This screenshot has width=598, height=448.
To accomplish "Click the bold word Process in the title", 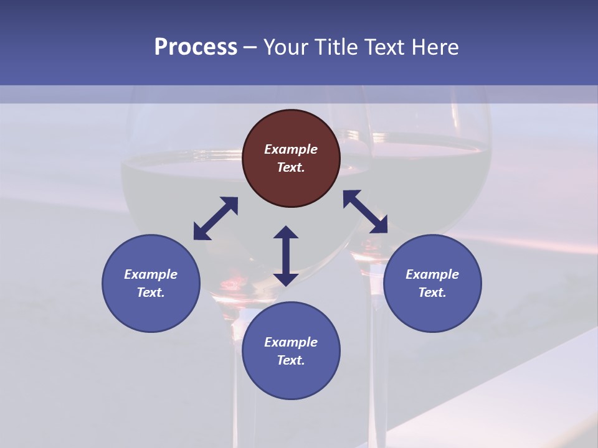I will click(196, 47).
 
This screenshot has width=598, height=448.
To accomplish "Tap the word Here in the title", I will click(435, 47).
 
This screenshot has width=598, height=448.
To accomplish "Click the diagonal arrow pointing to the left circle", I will click(216, 218).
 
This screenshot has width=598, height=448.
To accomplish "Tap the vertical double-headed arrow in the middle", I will click(286, 256).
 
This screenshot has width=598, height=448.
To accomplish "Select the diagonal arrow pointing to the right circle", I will click(366, 212).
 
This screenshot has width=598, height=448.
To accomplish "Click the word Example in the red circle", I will click(291, 149).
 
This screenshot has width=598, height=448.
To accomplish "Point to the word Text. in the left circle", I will click(151, 292).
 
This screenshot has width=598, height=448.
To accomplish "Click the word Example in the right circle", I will click(432, 274).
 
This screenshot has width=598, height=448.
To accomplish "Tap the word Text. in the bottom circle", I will click(291, 360).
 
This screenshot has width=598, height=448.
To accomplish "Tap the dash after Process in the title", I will click(250, 47).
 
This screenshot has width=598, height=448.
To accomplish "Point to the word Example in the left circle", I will click(151, 274).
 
